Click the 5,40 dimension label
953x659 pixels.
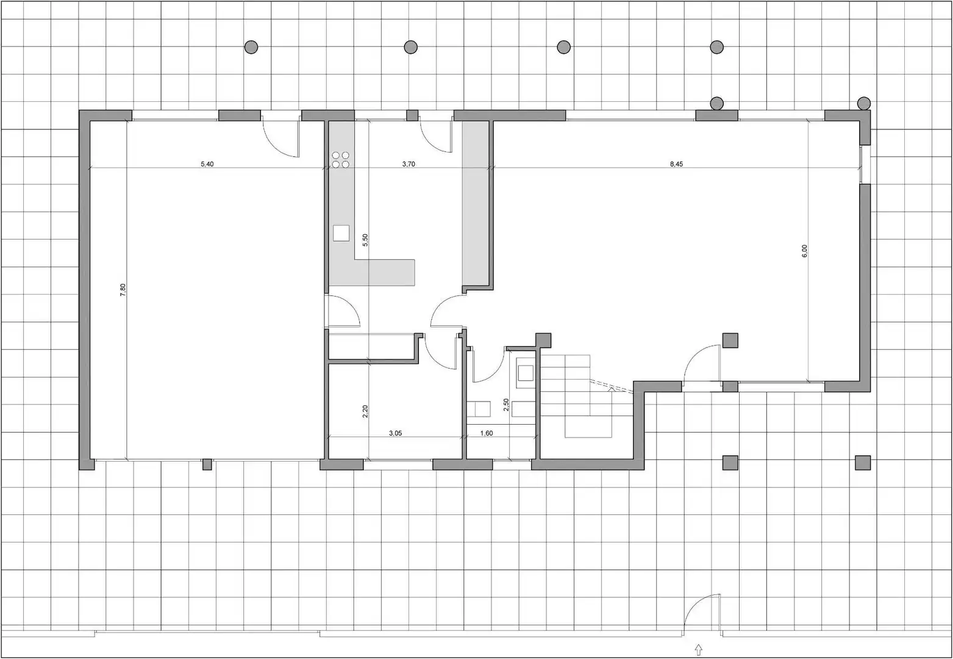tap(207, 164)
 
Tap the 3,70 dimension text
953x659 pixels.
tap(409, 164)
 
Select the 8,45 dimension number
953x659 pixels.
tap(676, 164)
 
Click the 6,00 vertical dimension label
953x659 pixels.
tap(804, 251)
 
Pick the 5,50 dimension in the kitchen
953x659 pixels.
tap(365, 240)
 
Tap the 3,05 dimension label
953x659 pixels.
tap(395, 433)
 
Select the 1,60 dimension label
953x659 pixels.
tap(487, 433)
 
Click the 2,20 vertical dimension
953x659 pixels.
tap(365, 411)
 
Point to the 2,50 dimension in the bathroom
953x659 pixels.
tap(506, 405)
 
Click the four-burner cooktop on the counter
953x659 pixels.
tap(341, 160)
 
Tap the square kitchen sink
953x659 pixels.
tap(341, 233)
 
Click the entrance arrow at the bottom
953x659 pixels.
tap(698, 650)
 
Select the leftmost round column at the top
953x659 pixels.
tap(251, 47)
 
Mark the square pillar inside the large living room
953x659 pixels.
tap(730, 340)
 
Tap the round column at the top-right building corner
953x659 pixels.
tap(864, 103)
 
